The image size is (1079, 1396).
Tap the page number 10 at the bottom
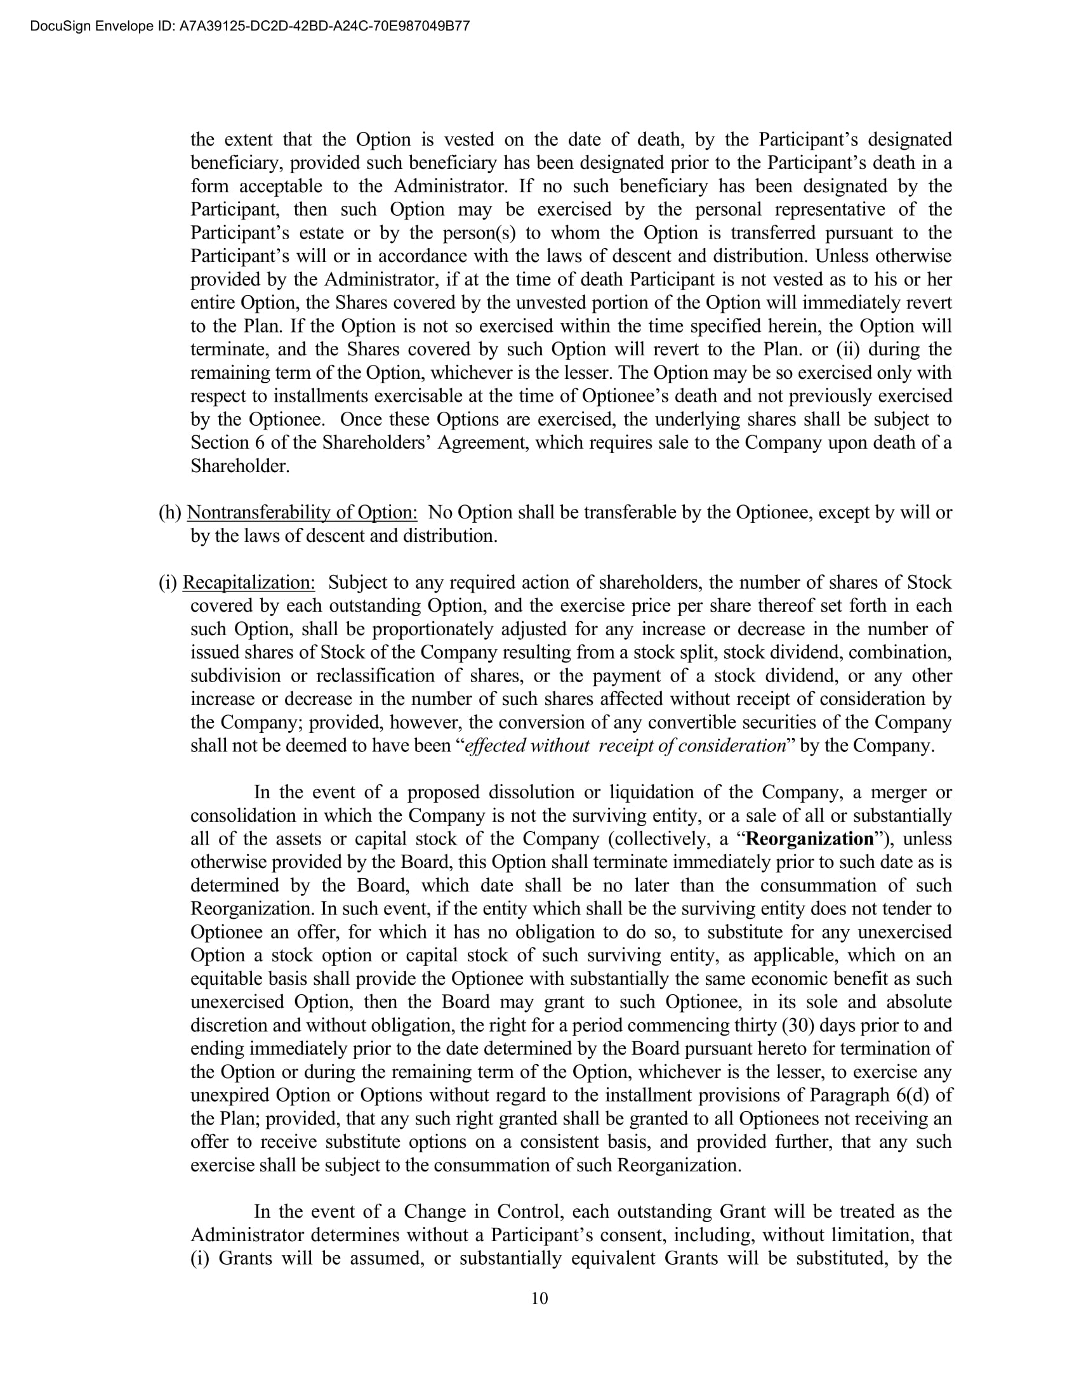point(539,1298)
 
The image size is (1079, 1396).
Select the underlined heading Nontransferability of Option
point(301,512)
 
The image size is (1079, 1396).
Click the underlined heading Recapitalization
point(249,583)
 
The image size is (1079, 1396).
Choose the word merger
point(898,792)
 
